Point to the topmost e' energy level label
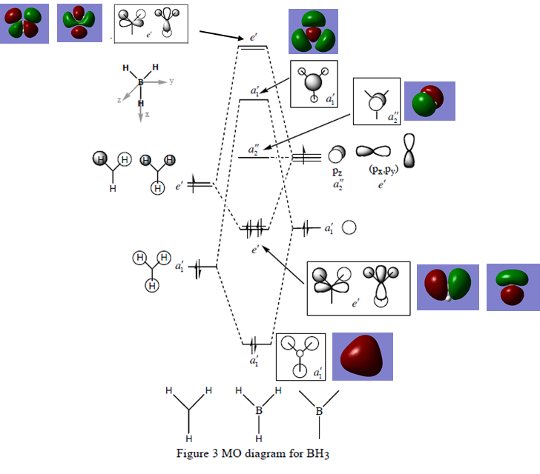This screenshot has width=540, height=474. [x=254, y=36]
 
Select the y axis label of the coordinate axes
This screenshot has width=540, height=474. [x=171, y=81]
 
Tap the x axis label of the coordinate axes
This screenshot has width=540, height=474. [x=147, y=115]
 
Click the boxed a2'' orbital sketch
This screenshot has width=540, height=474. [x=376, y=101]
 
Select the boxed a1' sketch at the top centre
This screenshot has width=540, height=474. [x=314, y=84]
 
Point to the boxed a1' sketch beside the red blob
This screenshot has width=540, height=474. [x=300, y=357]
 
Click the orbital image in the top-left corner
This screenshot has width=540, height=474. [x=24, y=23]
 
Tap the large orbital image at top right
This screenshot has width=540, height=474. [x=312, y=32]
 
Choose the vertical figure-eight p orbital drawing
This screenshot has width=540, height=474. [x=409, y=150]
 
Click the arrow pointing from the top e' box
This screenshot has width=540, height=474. [x=222, y=34]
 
